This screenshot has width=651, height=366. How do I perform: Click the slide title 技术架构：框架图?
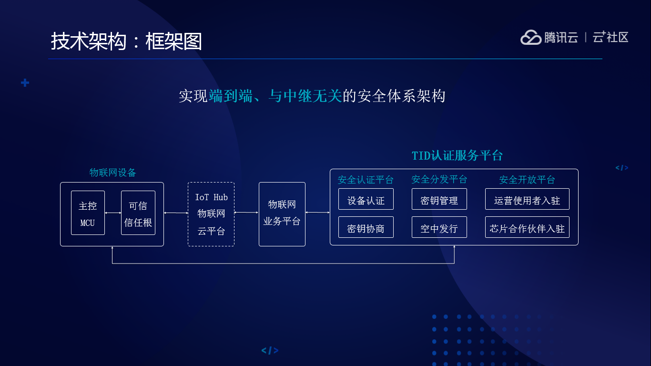tap(126, 41)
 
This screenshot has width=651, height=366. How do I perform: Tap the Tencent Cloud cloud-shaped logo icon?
tap(530, 37)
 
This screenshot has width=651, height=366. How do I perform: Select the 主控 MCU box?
tap(88, 213)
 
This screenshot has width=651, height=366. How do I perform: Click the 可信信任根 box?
tap(138, 213)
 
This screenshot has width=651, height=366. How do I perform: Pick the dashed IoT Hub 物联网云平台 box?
tap(211, 214)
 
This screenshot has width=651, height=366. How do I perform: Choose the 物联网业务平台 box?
tap(282, 214)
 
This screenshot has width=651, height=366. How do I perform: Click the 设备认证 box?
tap(366, 199)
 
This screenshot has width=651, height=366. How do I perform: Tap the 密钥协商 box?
tap(366, 227)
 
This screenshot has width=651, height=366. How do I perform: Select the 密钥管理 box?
tap(439, 199)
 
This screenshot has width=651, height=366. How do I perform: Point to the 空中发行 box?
tap(439, 227)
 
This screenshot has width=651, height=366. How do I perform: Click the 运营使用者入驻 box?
tap(527, 199)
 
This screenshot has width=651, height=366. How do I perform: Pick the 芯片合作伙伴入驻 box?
tap(527, 227)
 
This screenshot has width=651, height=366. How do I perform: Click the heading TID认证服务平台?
tap(457, 156)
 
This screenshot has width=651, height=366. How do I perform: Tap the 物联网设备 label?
tap(113, 173)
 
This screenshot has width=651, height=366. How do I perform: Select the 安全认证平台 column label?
tap(366, 180)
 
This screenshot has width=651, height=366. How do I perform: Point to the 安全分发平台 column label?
tap(439, 179)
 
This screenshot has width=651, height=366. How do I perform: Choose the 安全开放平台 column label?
tap(527, 180)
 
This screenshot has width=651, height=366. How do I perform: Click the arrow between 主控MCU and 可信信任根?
tap(113, 213)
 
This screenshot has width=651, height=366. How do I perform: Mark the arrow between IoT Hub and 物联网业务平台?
tap(246, 213)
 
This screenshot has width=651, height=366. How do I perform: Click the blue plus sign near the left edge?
tap(25, 83)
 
